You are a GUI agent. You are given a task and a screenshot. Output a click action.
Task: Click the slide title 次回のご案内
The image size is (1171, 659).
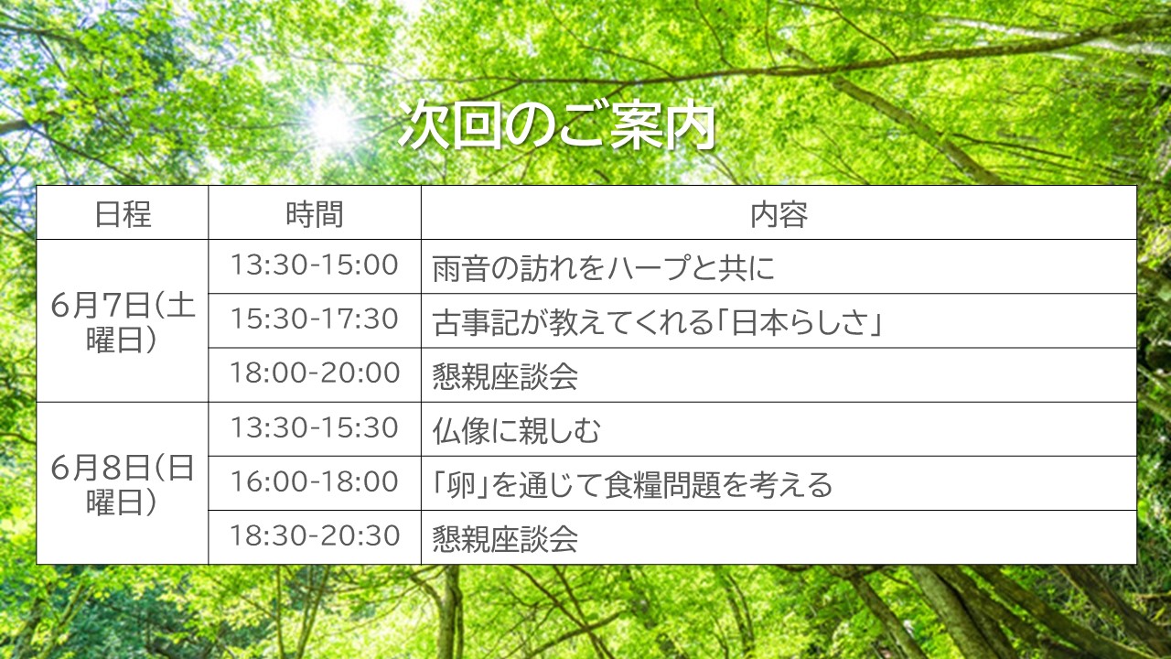[557, 125]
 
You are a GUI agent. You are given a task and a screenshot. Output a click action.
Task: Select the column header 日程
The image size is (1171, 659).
[123, 214]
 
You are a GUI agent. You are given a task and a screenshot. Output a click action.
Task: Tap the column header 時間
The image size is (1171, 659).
[315, 214]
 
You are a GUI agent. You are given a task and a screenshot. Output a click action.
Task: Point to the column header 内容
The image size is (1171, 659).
[779, 214]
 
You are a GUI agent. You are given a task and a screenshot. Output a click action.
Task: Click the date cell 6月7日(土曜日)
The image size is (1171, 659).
[123, 322]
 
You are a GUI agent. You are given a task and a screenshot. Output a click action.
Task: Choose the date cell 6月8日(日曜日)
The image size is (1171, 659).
[123, 485]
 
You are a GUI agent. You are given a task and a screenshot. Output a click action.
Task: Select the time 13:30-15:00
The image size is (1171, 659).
[315, 265]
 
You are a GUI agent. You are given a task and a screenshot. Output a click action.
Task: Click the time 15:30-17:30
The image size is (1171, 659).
[315, 319]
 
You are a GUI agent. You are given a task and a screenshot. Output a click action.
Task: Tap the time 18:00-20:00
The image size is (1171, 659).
[315, 373]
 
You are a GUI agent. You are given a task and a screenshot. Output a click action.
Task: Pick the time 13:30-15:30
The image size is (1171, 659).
[315, 427]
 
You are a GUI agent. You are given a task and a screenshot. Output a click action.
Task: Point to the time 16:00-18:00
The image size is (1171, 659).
[315, 481]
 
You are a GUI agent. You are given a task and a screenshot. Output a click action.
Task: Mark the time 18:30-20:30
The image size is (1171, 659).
[315, 535]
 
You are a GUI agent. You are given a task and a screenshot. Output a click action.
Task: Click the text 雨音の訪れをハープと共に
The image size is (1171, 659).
[603, 268]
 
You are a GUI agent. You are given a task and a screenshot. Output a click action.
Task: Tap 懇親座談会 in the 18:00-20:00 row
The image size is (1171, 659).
[505, 376]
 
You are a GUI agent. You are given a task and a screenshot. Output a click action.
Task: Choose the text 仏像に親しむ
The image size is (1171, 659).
[517, 431]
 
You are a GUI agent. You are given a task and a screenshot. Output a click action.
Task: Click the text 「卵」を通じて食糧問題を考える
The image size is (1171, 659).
[632, 485]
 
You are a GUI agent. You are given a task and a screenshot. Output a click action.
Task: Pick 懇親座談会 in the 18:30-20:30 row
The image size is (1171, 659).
[505, 539]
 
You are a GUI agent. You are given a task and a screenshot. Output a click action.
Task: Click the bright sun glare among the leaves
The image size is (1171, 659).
[330, 122]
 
